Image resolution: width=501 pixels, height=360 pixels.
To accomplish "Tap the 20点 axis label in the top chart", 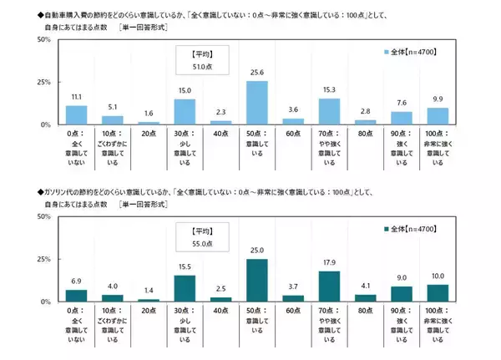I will tap(149, 133).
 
